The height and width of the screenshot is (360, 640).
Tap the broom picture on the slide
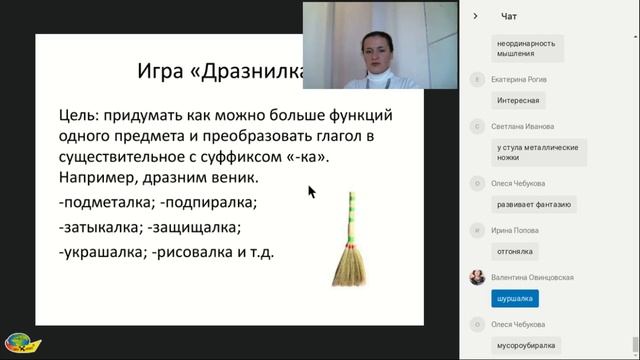(x=349, y=241)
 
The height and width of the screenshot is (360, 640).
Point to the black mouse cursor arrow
(x=311, y=191)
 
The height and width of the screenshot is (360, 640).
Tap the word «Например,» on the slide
(x=104, y=178)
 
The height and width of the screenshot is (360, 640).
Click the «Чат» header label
(x=509, y=16)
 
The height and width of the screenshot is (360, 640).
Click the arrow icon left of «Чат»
(x=476, y=16)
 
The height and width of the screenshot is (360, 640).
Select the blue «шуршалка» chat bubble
(x=516, y=298)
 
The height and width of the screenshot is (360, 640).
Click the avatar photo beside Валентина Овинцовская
(x=477, y=278)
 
